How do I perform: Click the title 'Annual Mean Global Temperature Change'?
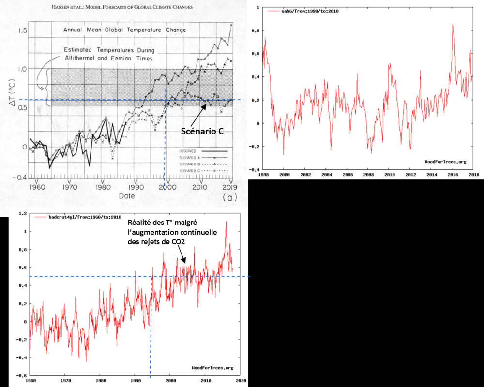124,30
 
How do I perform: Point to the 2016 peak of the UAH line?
453,25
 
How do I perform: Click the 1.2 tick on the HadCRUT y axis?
21,213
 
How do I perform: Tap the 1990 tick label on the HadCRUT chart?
135,381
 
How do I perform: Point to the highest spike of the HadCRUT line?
226,222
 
